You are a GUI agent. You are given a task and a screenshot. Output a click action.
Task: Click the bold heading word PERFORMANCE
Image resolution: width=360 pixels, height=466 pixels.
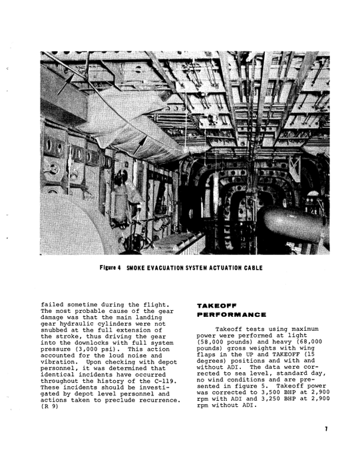pyautogui.click(x=232, y=314)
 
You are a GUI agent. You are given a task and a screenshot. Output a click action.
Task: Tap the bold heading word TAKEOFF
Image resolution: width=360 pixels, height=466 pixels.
pyautogui.click(x=214, y=305)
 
